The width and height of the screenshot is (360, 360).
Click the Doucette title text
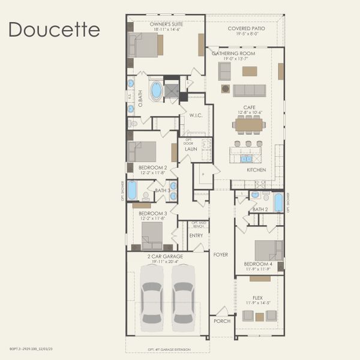[x=54, y=29]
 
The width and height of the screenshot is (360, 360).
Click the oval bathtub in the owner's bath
[x=157, y=91]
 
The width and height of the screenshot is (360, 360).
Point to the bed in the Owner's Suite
[x=144, y=45]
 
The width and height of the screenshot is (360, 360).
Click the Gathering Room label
[x=233, y=53]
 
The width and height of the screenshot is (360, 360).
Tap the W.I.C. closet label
[x=194, y=115]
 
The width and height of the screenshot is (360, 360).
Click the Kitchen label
[x=256, y=170]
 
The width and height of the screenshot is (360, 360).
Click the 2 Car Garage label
[x=165, y=256]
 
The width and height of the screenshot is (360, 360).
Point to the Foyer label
[x=220, y=254]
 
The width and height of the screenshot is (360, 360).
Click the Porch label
[x=222, y=321]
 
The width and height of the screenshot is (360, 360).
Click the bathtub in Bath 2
[x=278, y=202]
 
